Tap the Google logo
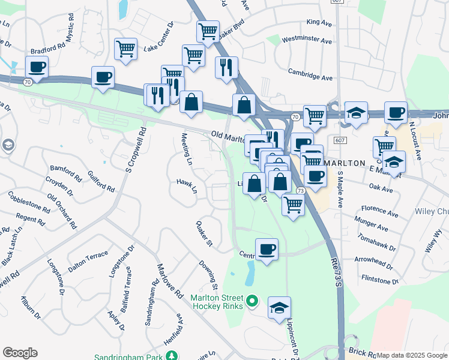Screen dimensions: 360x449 tap(20, 353)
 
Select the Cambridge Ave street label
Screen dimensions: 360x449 tap(310, 78)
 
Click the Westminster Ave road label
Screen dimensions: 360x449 tap(306, 41)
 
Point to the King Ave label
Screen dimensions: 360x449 tap(319, 22)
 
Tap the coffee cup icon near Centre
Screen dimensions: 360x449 tap(267, 248)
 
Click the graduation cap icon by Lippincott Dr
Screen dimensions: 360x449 tap(279, 307)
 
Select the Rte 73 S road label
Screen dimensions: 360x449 tap(336, 272)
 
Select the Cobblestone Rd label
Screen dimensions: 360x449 tap(29, 202)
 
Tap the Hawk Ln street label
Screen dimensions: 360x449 tap(187, 186)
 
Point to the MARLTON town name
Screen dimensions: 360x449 tap(345, 163)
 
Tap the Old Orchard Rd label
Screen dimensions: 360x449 tap(62, 213)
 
